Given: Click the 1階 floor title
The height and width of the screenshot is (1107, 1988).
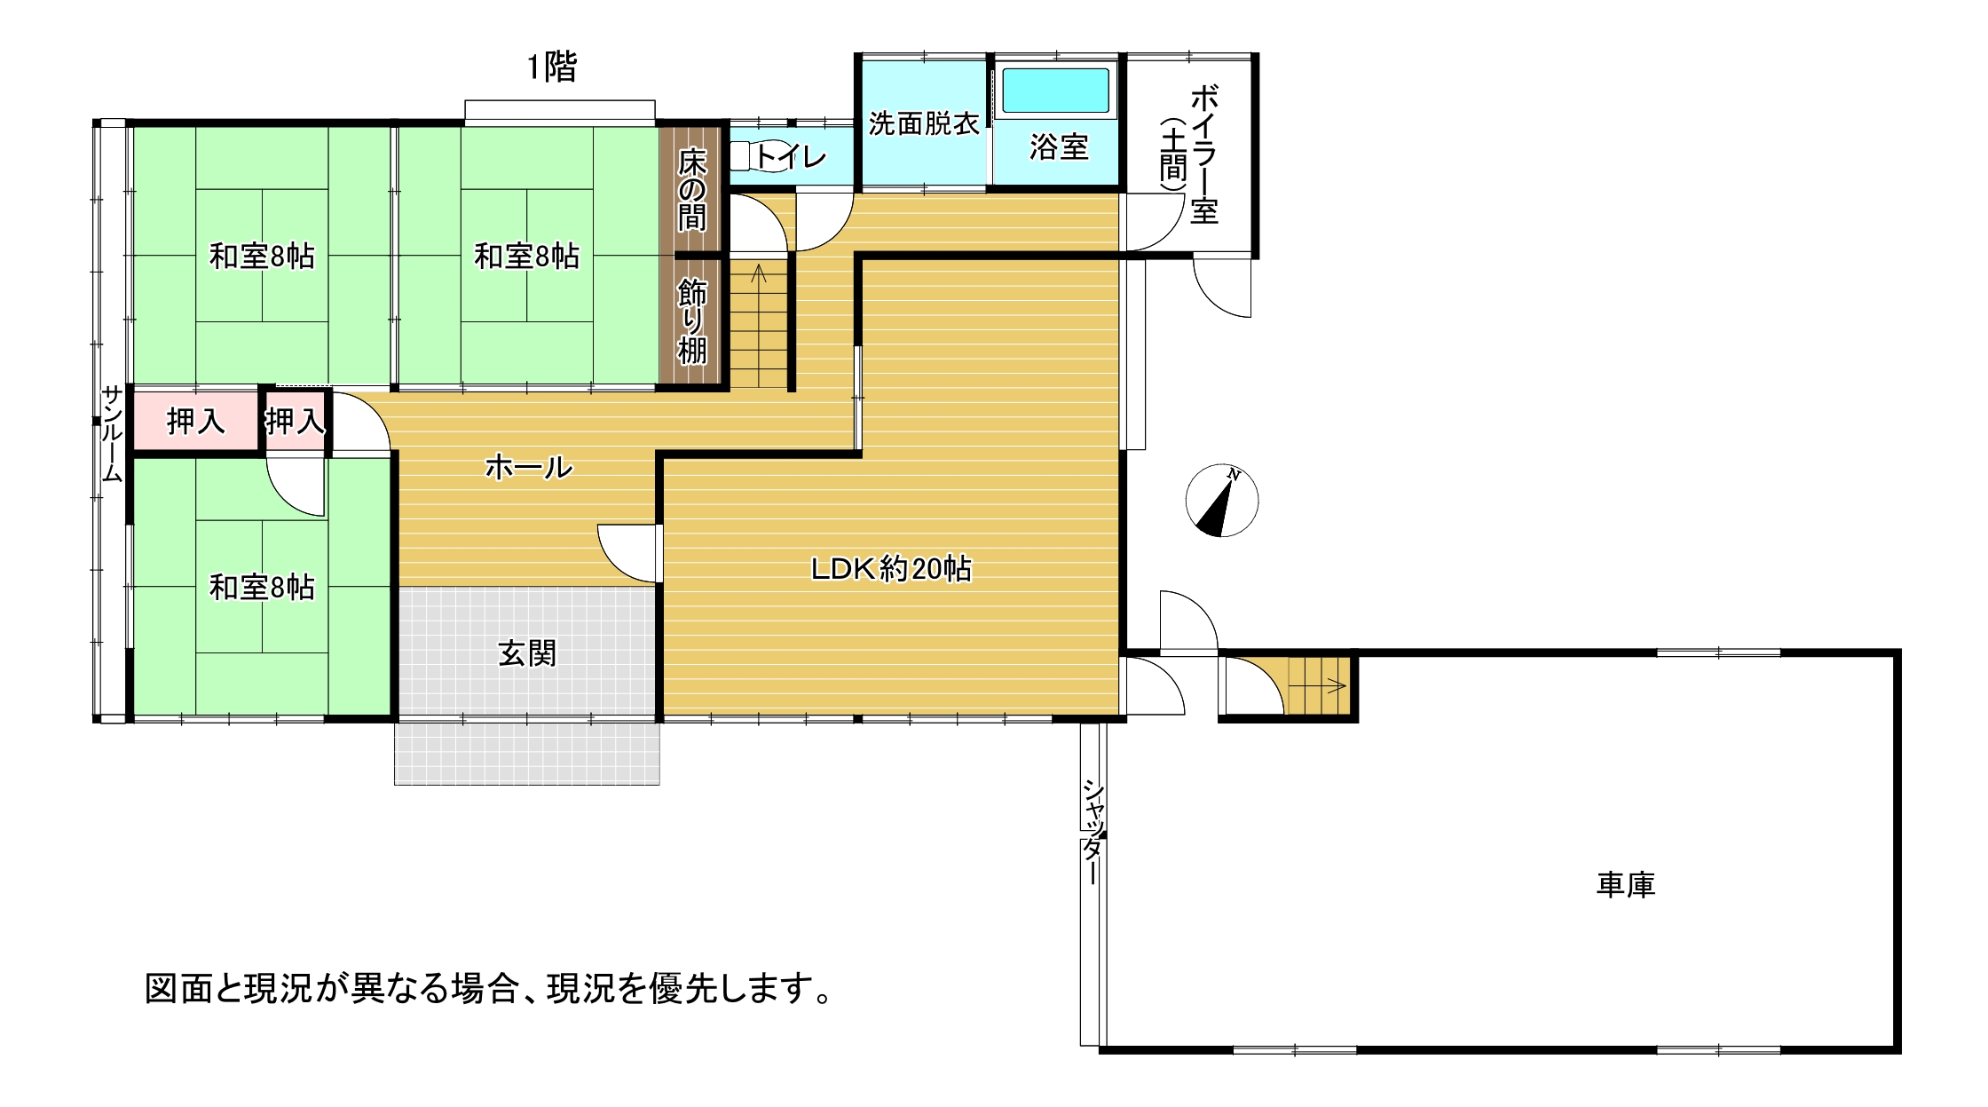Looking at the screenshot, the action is [552, 67].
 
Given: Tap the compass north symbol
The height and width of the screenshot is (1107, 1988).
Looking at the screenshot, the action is [1222, 501].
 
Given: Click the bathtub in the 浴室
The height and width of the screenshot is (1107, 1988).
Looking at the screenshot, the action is [1055, 91].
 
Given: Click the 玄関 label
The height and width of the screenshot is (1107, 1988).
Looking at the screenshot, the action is [527, 653].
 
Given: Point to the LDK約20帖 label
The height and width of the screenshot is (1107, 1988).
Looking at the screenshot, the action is [891, 568].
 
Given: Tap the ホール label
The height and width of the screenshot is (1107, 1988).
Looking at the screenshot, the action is [529, 467].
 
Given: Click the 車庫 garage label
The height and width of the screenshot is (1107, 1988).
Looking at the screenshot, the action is [1626, 885].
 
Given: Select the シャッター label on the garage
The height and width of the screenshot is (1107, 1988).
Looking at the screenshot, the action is [1093, 832].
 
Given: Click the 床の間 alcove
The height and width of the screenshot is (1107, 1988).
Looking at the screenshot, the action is [692, 190].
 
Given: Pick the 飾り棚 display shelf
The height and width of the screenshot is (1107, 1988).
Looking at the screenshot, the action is [692, 321].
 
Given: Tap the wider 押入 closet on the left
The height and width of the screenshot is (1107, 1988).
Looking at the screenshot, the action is [196, 421].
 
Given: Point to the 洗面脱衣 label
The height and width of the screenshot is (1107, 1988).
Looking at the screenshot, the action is [924, 123].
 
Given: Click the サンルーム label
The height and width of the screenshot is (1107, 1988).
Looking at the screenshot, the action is [112, 434].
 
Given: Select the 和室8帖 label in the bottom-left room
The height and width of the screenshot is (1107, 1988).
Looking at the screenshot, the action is [262, 587].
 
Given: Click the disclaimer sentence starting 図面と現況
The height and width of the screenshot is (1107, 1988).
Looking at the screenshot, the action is [489, 988].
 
